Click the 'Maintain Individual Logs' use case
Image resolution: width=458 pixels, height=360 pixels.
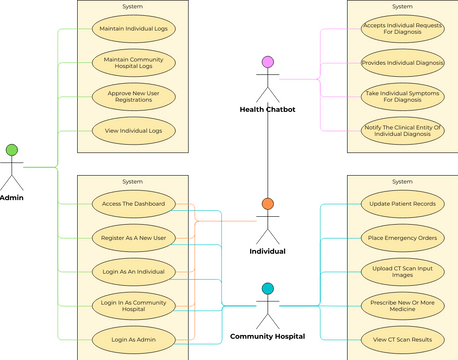pyautogui.click(x=134, y=30)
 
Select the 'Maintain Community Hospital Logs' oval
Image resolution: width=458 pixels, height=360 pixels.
pyautogui.click(x=134, y=64)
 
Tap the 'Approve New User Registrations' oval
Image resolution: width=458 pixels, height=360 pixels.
pyautogui.click(x=134, y=97)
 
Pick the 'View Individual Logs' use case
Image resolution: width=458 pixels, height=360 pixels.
pyautogui.click(x=134, y=130)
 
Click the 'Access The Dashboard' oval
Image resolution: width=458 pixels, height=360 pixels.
pyautogui.click(x=134, y=204)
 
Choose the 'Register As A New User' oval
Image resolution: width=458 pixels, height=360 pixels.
pyautogui.click(x=134, y=237)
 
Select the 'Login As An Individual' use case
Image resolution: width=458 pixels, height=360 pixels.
pyautogui.click(x=134, y=270)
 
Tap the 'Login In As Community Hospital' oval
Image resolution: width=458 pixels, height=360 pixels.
pyautogui.click(x=134, y=304)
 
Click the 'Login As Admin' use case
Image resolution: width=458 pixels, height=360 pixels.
pyautogui.click(x=134, y=338)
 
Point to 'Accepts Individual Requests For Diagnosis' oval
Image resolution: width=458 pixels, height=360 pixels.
pyautogui.click(x=402, y=30)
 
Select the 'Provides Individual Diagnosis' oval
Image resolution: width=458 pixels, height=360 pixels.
pyautogui.click(x=402, y=63)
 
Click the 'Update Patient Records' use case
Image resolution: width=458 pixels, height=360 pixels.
pyautogui.click(x=402, y=204)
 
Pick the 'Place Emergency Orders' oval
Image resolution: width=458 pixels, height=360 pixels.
pyautogui.click(x=402, y=238)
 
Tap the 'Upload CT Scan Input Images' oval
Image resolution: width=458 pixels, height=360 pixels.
pyautogui.click(x=402, y=271)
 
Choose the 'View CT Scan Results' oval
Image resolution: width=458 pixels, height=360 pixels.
pyautogui.click(x=402, y=338)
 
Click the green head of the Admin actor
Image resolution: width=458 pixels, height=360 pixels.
pyautogui.click(x=12, y=150)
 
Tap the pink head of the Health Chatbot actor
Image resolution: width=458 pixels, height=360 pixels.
pyautogui.click(x=267, y=62)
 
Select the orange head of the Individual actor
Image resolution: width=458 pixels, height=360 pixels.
pyautogui.click(x=267, y=204)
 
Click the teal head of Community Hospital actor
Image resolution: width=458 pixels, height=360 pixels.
pyautogui.click(x=267, y=289)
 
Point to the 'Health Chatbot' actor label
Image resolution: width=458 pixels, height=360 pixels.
pyautogui.click(x=267, y=109)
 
